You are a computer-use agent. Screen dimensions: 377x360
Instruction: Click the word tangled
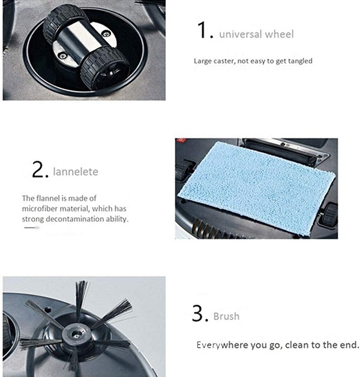pyautogui.click(x=298, y=61)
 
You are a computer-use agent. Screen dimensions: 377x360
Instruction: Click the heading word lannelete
pyautogui.click(x=76, y=172)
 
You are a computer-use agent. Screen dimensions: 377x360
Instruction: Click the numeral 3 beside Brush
pyautogui.click(x=199, y=313)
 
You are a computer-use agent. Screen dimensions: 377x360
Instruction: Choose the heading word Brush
pyautogui.click(x=226, y=316)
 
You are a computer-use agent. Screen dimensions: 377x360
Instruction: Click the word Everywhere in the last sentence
pyautogui.click(x=220, y=345)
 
